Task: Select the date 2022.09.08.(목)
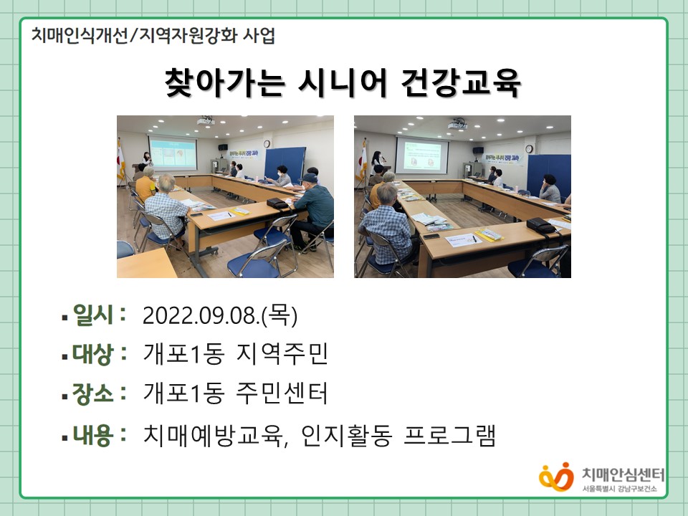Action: pos(220,315)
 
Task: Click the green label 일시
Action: pos(93,315)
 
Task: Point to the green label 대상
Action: pos(93,353)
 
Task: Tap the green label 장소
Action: pos(93,393)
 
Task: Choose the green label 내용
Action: pos(93,435)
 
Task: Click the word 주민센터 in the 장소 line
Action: pos(282,393)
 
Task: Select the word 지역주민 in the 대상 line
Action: pos(282,353)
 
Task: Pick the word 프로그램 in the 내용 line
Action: pos(450,435)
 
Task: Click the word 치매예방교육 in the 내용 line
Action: pos(214,435)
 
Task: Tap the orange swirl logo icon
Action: pos(556,477)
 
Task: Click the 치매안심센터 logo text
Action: pos(623,474)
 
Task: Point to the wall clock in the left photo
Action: pos(267,144)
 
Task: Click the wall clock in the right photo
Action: pos(529,149)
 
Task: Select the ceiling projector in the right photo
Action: pos(457,124)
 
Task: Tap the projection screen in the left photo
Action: pos(173,152)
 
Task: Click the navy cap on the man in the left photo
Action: pos(310,178)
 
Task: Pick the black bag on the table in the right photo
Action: pos(540,226)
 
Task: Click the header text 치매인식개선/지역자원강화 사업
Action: pos(153,36)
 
